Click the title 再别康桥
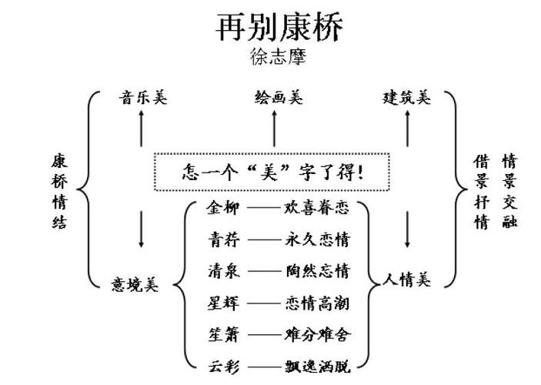click(x=279, y=27)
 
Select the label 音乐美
click(x=142, y=98)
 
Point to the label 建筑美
click(x=407, y=98)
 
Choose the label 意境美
click(x=135, y=284)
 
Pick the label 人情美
click(x=407, y=280)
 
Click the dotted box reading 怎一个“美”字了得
click(x=272, y=171)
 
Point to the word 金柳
click(x=223, y=207)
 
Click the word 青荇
click(x=223, y=239)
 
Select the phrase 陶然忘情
click(x=317, y=271)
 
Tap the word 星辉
click(x=223, y=303)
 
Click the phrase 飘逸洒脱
click(x=317, y=367)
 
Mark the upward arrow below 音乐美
click(x=141, y=128)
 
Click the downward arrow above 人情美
click(x=407, y=229)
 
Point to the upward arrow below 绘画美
click(x=275, y=128)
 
